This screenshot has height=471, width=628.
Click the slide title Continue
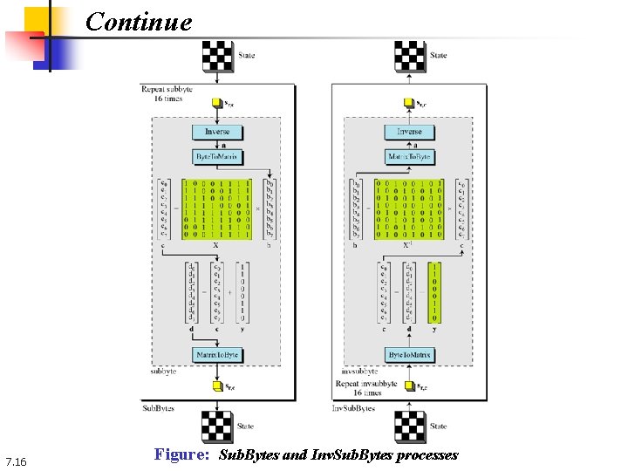tap(139, 21)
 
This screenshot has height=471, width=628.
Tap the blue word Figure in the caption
tap(181, 454)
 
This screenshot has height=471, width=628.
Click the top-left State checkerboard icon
tap(217, 56)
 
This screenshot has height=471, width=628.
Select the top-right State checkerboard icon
tap(410, 56)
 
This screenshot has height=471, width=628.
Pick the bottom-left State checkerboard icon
tap(217, 427)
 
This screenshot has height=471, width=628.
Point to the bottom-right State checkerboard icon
tap(410, 427)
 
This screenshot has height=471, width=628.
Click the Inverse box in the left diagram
tap(217, 132)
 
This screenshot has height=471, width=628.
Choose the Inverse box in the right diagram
tap(409, 132)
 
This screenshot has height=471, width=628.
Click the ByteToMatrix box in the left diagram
tap(217, 157)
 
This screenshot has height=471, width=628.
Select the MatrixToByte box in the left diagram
tap(217, 355)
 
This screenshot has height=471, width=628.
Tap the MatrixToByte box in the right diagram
tap(409, 157)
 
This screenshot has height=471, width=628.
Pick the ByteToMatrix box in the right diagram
tap(409, 355)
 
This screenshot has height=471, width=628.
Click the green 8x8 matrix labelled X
tap(215, 208)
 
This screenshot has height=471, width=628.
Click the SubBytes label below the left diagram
tap(158, 407)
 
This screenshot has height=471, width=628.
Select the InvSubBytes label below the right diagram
tap(354, 407)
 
